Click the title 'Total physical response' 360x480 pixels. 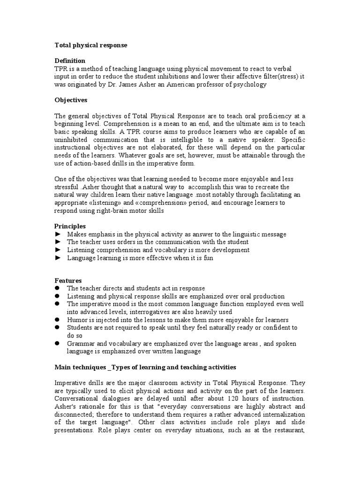click(x=91, y=45)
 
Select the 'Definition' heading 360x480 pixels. click(x=70, y=60)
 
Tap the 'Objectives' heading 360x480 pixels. click(x=71, y=100)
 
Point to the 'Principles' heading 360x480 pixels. click(x=70, y=226)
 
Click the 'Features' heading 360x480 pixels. click(x=68, y=280)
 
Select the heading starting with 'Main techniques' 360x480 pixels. click(x=145, y=367)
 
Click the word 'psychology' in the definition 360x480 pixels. click(x=250, y=84)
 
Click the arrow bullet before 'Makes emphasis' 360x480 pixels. click(x=58, y=234)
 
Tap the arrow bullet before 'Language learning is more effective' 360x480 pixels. click(x=58, y=258)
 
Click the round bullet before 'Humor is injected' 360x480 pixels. click(x=58, y=320)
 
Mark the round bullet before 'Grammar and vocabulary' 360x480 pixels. click(x=58, y=344)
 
